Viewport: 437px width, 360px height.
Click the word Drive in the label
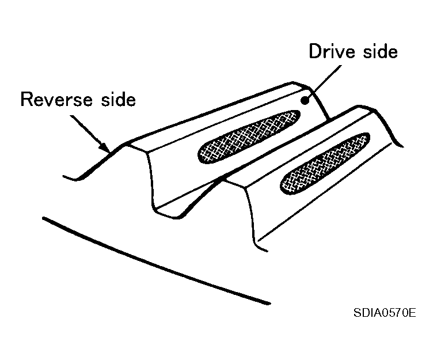pos(332,52)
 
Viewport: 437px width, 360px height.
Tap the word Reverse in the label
pos(56,99)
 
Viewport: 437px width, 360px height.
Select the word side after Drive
pos(381,52)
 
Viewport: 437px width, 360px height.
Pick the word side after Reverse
pos(119,99)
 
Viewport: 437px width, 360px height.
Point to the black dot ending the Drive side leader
pos(306,100)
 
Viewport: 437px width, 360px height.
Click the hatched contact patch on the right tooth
pos(325,164)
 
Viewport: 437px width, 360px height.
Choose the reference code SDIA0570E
pos(385,313)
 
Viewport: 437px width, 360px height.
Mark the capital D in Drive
pos(316,51)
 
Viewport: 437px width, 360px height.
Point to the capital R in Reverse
pos(27,100)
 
